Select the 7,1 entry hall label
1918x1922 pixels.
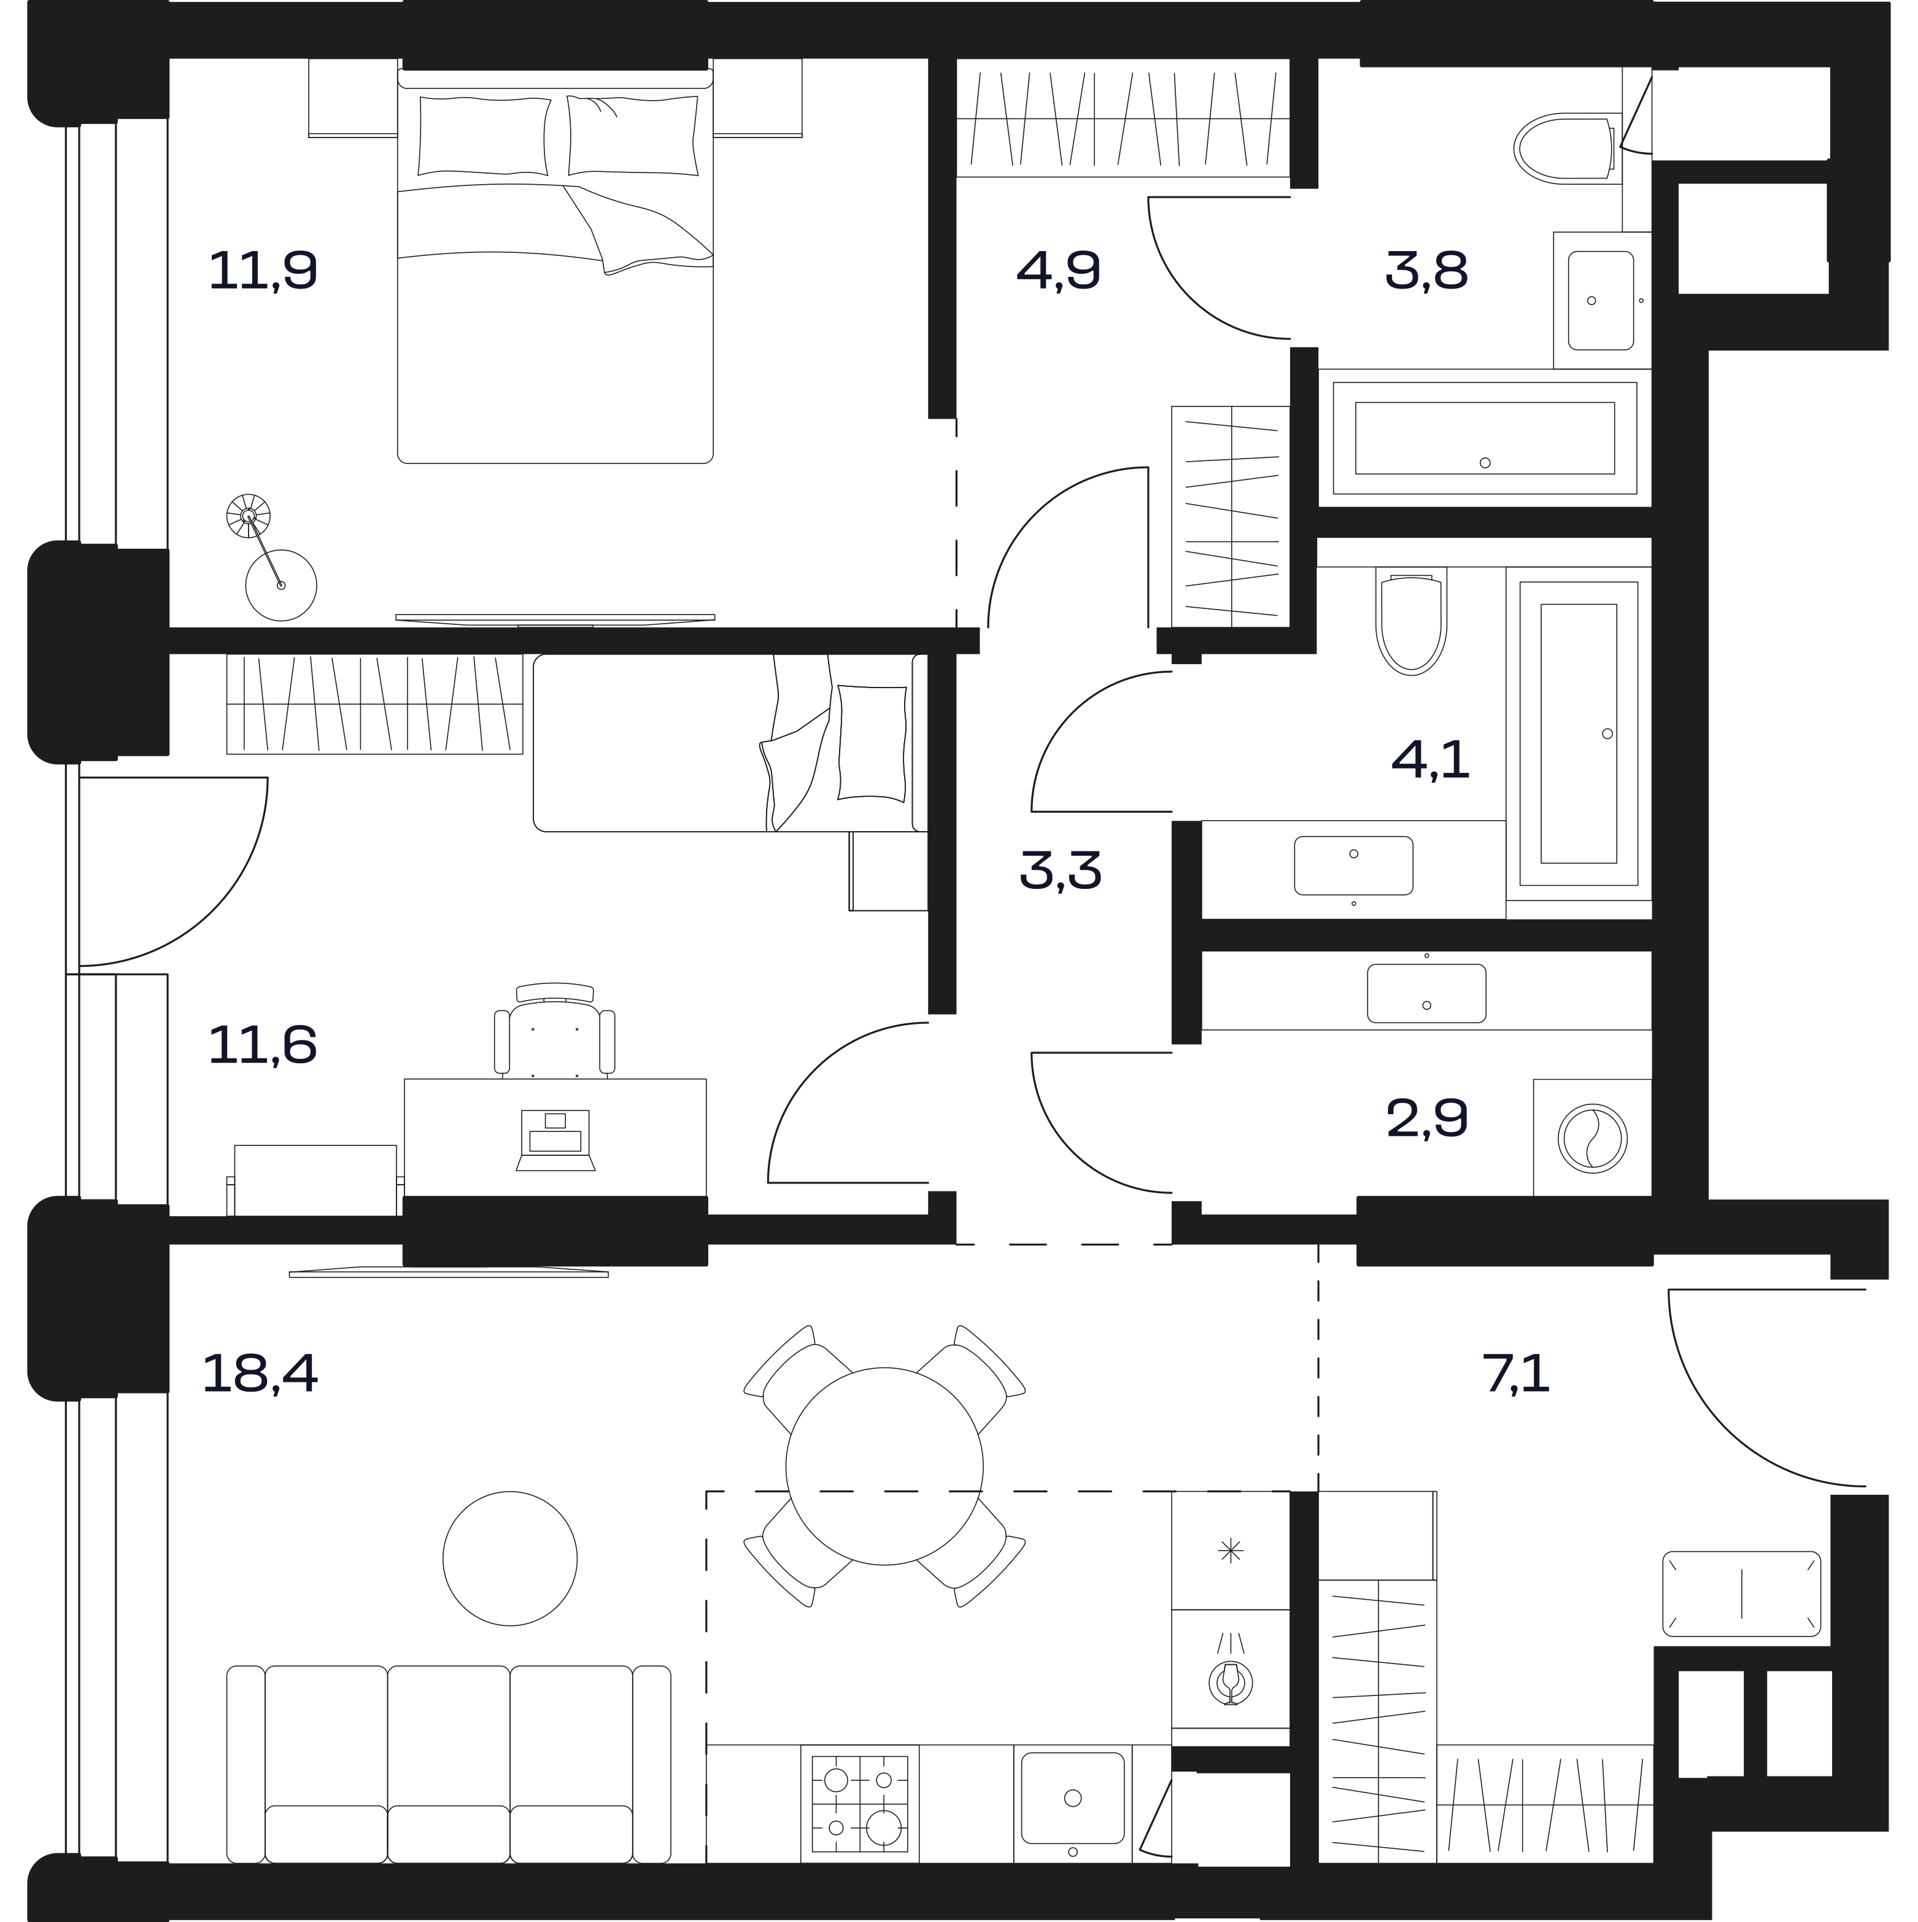[1516, 1374]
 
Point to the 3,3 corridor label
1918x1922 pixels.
[1061, 870]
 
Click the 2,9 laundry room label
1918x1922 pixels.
[1426, 1118]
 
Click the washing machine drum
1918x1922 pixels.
[1593, 1137]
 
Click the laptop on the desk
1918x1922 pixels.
[555, 1140]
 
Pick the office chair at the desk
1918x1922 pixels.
[554, 1029]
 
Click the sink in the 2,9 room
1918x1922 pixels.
[1426, 993]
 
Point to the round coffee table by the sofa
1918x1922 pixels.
[510, 1559]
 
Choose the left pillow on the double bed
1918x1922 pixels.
[484, 136]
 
